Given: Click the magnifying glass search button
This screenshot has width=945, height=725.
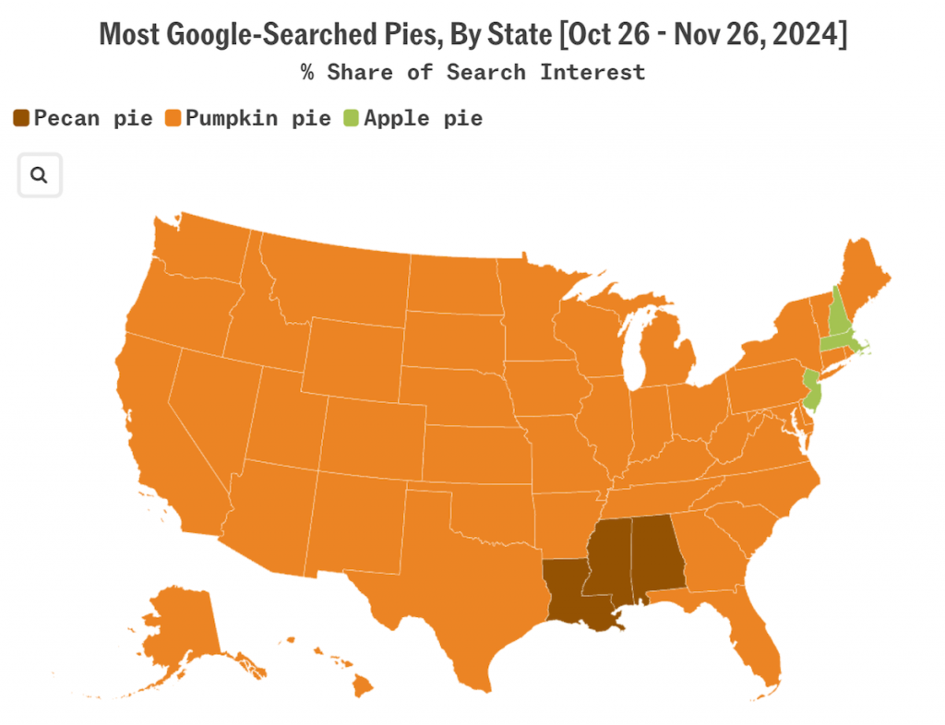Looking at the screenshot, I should coord(40,175).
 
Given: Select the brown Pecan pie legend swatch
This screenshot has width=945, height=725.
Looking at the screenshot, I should coord(21,118).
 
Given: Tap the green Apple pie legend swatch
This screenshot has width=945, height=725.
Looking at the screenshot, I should coord(352,118).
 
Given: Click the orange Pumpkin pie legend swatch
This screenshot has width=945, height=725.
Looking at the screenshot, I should coord(173,118).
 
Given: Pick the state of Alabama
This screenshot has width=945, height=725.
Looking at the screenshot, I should coord(656,553).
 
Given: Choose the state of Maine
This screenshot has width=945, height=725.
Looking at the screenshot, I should coord(865,277).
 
